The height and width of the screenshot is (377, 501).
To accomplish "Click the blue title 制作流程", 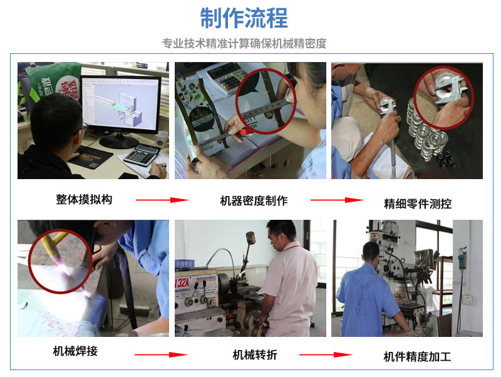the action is pos(244,18).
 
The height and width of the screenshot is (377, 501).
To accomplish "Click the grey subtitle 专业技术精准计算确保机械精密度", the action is pos(244,43).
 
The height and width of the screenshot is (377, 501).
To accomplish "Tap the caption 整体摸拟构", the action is pos(84,199).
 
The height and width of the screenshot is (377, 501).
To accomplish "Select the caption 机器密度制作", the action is pos(254,200).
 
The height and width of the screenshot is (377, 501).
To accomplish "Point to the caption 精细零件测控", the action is pos(418,204).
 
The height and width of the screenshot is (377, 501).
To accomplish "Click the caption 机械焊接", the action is pos(75,351).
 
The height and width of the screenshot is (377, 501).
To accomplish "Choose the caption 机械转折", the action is pos(255,354).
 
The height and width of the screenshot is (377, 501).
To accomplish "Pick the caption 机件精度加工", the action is pos(417,356).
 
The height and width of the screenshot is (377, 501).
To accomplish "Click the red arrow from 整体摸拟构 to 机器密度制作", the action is pos(162,200).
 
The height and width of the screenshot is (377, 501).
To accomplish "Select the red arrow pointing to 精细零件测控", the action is pos(337,200).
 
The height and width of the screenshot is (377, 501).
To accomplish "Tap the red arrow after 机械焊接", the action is pos(161,354).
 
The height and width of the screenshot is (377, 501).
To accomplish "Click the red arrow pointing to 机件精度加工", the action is pos(326,354).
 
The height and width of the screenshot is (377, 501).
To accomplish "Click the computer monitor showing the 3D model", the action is pos(121,105).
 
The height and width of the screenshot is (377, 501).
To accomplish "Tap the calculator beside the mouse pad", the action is pos(142,155).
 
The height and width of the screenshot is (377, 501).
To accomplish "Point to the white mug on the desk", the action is pos(162,140).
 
